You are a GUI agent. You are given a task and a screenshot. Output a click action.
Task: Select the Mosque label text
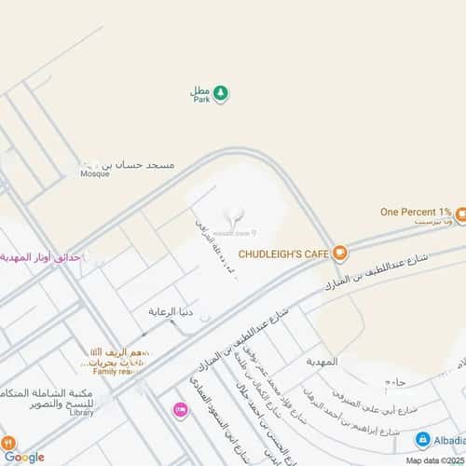(x=94, y=173)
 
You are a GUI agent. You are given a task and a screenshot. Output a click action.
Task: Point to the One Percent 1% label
(x=416, y=212)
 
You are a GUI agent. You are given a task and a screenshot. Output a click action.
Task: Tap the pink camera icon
(x=179, y=409)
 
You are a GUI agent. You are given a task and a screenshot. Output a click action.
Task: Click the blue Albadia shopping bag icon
(x=422, y=439)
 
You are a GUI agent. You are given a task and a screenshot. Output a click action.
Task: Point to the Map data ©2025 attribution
(x=433, y=459)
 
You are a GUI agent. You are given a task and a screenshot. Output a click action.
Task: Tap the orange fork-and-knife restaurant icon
(x=8, y=445)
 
